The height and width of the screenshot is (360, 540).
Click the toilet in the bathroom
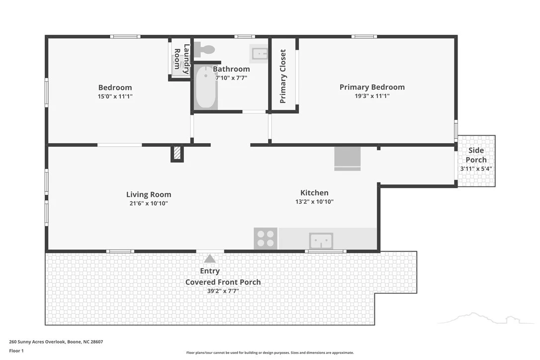[204, 50]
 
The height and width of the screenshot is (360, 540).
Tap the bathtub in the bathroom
[206, 88]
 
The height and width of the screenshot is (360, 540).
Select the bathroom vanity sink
[260, 54]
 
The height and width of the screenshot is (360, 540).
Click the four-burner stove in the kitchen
[266, 238]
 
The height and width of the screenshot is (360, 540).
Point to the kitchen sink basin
[321, 241]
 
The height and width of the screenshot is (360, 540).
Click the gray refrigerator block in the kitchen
[348, 159]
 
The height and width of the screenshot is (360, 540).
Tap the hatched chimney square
[177, 153]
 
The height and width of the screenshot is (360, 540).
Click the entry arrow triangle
[210, 259]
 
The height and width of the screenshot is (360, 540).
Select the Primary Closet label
[283, 76]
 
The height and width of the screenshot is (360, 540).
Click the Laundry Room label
[181, 59]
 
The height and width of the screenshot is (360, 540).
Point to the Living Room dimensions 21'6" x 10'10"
[149, 203]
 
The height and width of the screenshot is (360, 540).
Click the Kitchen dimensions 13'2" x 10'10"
[314, 201]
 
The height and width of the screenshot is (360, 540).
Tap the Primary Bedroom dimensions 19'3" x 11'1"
[372, 96]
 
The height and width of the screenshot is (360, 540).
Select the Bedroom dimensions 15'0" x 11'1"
[115, 96]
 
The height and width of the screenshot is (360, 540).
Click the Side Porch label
[476, 155]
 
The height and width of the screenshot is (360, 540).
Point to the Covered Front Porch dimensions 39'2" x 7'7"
[223, 291]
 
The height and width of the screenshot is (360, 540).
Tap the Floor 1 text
[16, 351]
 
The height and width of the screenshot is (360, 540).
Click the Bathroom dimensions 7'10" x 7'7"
[231, 78]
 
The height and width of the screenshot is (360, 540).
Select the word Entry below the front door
[210, 271]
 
